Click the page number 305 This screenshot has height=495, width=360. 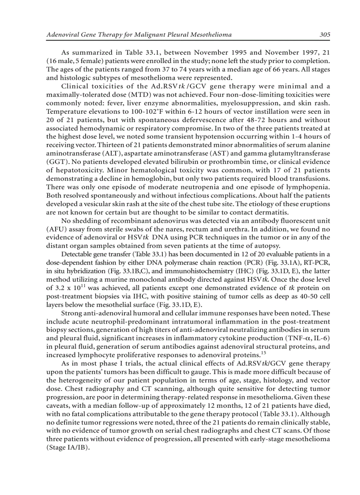325,34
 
